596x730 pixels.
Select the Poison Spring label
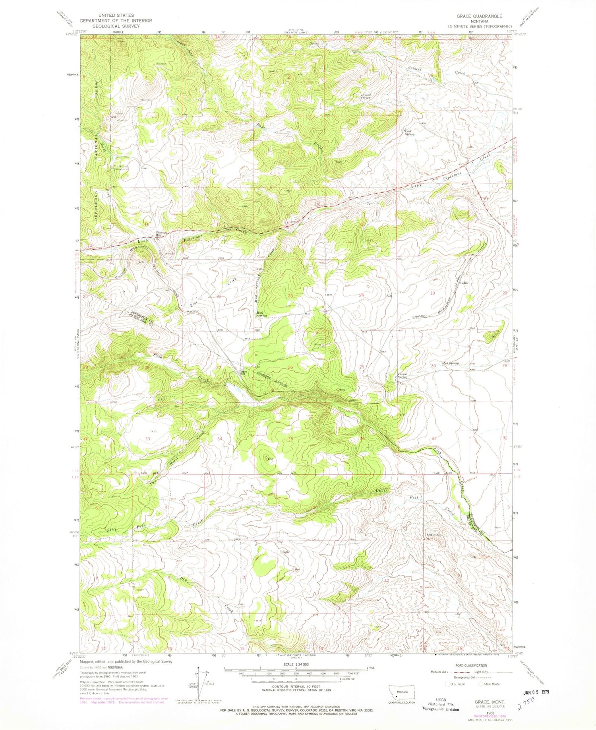(x=402, y=375)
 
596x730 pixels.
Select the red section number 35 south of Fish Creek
(x=290, y=439)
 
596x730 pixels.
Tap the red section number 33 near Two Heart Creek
(x=148, y=439)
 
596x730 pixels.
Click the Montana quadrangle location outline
(x=402, y=693)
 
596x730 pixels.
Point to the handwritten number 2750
(x=528, y=707)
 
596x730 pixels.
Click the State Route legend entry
(x=490, y=684)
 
